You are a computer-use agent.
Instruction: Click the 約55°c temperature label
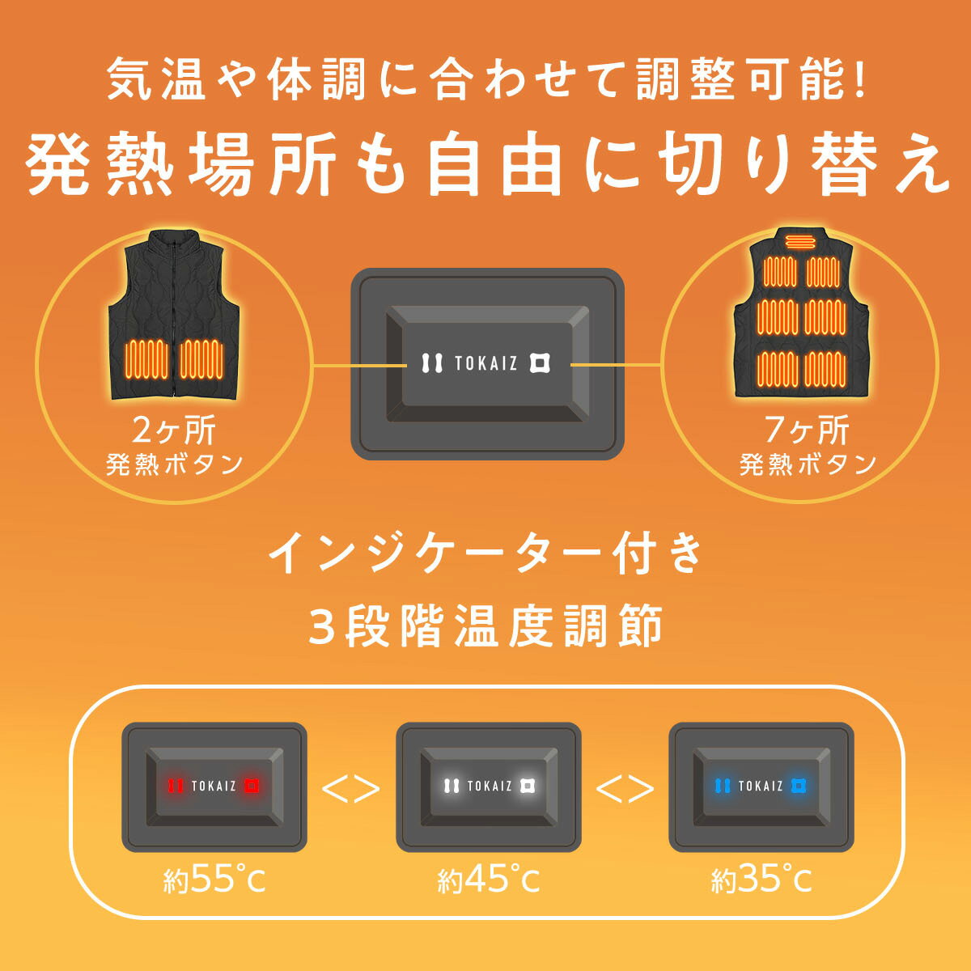tap(214, 880)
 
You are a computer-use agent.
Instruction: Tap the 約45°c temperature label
tap(488, 880)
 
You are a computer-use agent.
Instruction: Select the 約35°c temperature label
tap(761, 880)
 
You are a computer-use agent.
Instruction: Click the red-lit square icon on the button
tap(252, 786)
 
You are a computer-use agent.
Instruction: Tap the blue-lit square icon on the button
tap(799, 786)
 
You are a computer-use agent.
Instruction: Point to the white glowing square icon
tap(527, 786)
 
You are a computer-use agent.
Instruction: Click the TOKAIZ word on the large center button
tap(485, 363)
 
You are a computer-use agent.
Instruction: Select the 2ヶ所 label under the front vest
tap(174, 430)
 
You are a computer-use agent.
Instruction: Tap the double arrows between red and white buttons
tap(350, 789)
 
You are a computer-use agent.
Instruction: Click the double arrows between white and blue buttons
tap(625, 789)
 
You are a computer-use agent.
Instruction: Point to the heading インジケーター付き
tap(485, 554)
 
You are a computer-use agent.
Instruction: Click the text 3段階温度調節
tap(485, 627)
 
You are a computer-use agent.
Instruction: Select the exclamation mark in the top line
tap(859, 81)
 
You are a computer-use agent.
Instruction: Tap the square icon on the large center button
tap(540, 363)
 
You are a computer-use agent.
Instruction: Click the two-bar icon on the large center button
tap(432, 363)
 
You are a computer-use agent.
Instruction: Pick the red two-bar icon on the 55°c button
tap(175, 786)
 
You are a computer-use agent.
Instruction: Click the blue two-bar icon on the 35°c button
tap(722, 786)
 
